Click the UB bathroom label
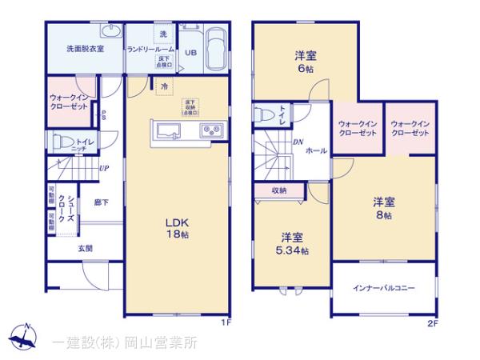click(191, 54)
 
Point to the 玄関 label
click(85, 248)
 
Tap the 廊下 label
click(101, 203)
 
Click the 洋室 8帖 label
click(382, 207)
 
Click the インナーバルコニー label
click(383, 288)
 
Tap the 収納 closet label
click(278, 190)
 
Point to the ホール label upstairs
click(315, 150)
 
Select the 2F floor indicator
click(432, 323)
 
